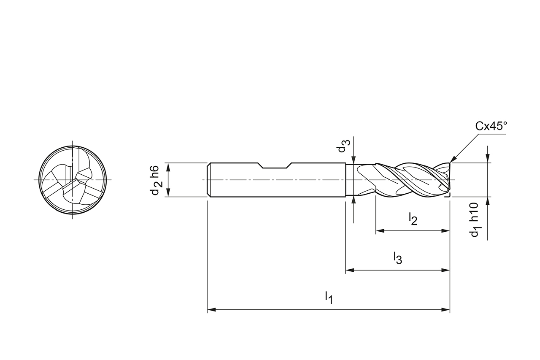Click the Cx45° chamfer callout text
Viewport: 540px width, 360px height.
click(491, 126)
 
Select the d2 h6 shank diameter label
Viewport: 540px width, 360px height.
click(155, 180)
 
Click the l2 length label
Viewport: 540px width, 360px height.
click(413, 219)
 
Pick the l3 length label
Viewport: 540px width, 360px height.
click(397, 258)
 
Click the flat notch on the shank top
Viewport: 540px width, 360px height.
click(275, 165)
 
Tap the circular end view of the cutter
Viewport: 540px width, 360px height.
click(73, 180)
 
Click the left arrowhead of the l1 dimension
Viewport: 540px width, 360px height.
click(211, 310)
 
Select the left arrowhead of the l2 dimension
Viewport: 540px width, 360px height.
click(379, 231)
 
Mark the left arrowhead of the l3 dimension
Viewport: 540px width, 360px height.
click(349, 270)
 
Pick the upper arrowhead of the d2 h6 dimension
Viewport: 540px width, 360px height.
click(168, 166)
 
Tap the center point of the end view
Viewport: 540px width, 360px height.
click(73, 180)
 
